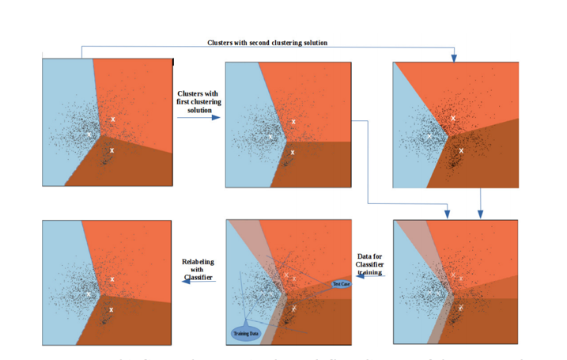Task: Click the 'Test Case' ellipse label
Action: pyautogui.click(x=341, y=283)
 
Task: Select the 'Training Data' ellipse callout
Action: pyautogui.click(x=246, y=334)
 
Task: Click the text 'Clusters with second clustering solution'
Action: pyautogui.click(x=266, y=42)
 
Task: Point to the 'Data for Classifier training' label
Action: pyautogui.click(x=370, y=263)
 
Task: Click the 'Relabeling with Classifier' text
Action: pyautogui.click(x=198, y=269)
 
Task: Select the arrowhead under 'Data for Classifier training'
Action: pyautogui.click(x=357, y=274)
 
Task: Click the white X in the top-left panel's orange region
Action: pyautogui.click(x=113, y=119)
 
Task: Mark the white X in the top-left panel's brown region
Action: pyautogui.click(x=112, y=150)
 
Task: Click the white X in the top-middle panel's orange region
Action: pyautogui.click(x=293, y=122)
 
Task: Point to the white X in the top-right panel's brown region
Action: pyautogui.click(x=461, y=150)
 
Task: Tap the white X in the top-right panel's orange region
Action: pyautogui.click(x=453, y=119)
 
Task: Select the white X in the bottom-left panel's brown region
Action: pyautogui.click(x=112, y=309)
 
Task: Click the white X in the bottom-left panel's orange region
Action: pyautogui.click(x=112, y=279)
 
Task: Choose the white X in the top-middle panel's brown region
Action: pyautogui.click(x=293, y=152)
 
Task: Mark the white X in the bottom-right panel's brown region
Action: pyautogui.click(x=460, y=309)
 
